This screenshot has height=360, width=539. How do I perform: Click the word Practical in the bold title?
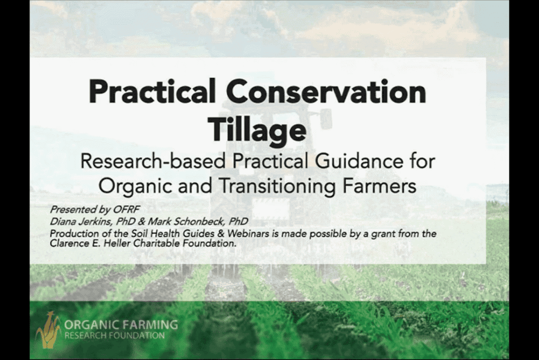point(152,92)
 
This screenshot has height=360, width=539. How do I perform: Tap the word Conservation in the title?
point(326,92)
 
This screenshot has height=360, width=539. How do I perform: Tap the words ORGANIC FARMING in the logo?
point(121,325)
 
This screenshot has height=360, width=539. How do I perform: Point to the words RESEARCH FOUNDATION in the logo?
point(114,335)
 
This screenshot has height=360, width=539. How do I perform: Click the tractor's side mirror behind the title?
point(326,117)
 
